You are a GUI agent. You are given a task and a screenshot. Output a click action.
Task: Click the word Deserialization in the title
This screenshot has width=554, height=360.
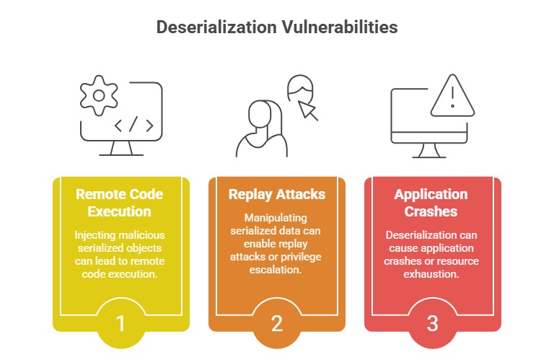[216, 27]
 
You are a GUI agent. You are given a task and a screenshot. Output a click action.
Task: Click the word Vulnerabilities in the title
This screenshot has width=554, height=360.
[340, 27]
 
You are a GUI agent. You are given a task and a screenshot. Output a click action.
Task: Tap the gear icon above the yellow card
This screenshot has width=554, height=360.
[99, 95]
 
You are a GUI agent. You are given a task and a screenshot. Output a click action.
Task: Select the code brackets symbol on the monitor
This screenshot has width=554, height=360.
[134, 124]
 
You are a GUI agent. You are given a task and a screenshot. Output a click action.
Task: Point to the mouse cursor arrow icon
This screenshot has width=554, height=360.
[308, 110]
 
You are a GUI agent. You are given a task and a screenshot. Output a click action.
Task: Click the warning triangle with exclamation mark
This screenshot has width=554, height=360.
[452, 95]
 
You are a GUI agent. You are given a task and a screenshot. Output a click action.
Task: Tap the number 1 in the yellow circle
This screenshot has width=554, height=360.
[120, 323]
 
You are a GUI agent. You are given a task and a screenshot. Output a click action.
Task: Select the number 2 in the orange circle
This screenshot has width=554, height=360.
[277, 323]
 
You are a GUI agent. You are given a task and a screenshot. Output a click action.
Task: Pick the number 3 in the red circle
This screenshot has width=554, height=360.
[433, 323]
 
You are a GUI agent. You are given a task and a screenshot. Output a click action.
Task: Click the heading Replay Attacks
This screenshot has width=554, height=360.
[277, 194]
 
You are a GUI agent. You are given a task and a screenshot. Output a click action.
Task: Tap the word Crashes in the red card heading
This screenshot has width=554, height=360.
[431, 211]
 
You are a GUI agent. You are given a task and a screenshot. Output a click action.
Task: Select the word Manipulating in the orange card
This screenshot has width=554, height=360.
[276, 218]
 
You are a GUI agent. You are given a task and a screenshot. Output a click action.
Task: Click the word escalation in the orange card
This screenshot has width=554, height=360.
[276, 270]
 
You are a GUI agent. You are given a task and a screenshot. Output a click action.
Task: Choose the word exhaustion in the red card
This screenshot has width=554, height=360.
[431, 274]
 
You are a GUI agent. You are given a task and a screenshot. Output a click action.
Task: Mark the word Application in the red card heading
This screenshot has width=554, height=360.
[431, 194]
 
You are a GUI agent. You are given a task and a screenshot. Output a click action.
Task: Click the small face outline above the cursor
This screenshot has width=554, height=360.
[300, 87]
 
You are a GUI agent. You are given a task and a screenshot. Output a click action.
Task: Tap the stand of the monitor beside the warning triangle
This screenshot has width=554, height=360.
[429, 151]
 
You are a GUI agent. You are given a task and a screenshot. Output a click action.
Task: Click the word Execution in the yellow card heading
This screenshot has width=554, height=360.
[120, 211]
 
